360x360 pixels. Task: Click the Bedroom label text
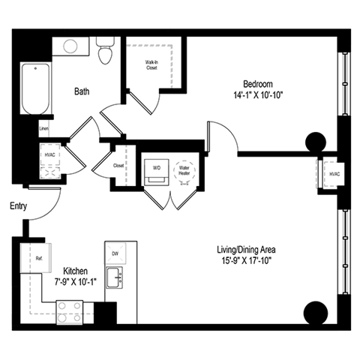click(256, 83)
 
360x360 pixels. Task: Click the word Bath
click(82, 92)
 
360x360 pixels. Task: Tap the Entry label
click(19, 205)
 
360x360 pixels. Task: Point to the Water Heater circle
click(184, 169)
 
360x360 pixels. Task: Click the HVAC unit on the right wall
click(333, 174)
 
